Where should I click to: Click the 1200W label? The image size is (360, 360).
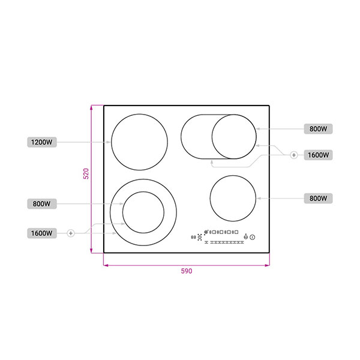click(x=42, y=142)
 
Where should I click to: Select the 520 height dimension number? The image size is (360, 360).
click(x=86, y=173)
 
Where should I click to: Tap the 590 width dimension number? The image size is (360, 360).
click(x=187, y=271)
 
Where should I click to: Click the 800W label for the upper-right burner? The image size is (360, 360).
click(x=318, y=129)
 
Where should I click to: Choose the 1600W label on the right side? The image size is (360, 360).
click(x=318, y=155)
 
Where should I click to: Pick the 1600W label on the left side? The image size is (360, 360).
click(x=42, y=233)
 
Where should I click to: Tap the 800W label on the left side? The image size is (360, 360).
click(x=42, y=203)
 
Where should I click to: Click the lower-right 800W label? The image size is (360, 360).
click(x=318, y=199)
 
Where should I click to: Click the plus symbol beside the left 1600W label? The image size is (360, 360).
click(x=71, y=233)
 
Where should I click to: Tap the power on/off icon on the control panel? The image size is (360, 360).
click(x=253, y=237)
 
